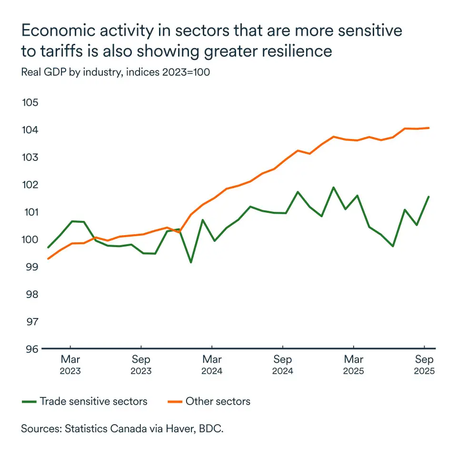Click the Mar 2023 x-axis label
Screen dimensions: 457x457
pyautogui.click(x=70, y=365)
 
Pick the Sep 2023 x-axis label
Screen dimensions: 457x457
pyautogui.click(x=141, y=365)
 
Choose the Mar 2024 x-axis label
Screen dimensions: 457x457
pyautogui.click(x=212, y=365)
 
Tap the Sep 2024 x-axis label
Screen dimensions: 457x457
pyautogui.click(x=283, y=365)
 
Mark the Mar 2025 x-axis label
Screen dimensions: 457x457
pyautogui.click(x=354, y=365)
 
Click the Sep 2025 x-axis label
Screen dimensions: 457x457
pyautogui.click(x=424, y=365)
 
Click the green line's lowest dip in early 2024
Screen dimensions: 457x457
pyautogui.click(x=191, y=262)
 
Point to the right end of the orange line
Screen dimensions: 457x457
pyautogui.click(x=429, y=128)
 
